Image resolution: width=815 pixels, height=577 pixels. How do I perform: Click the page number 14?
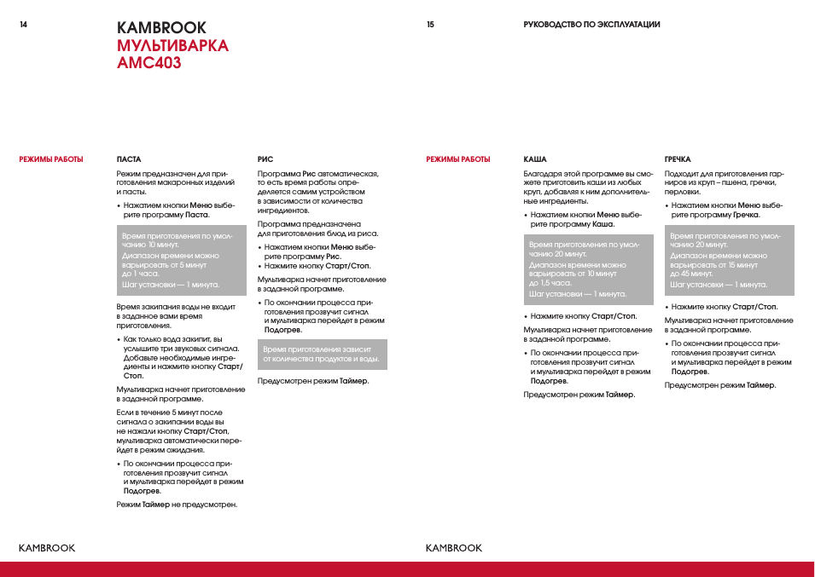pyautogui.click(x=23, y=25)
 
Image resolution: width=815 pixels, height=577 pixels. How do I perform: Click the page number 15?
pyautogui.click(x=430, y=25)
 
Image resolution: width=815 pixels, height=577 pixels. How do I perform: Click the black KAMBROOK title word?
pyautogui.click(x=161, y=27)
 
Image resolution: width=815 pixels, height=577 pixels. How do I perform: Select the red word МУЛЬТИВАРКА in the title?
pyautogui.click(x=172, y=45)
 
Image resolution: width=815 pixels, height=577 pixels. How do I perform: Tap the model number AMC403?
pyautogui.click(x=149, y=62)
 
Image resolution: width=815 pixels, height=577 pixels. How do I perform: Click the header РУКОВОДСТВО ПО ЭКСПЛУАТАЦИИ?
pyautogui.click(x=591, y=25)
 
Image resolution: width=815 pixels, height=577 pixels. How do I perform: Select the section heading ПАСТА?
pyautogui.click(x=129, y=159)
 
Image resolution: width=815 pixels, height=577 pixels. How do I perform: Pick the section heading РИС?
pyautogui.click(x=265, y=159)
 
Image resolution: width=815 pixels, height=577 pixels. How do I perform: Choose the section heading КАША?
pyautogui.click(x=535, y=159)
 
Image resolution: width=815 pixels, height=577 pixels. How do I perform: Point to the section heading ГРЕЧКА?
pyautogui.click(x=678, y=159)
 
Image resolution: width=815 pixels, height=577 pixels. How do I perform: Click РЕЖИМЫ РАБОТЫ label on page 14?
pyautogui.click(x=51, y=159)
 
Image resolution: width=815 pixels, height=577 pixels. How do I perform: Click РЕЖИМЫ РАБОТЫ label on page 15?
pyautogui.click(x=458, y=159)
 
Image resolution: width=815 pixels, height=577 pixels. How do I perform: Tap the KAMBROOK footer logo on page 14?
pyautogui.click(x=47, y=548)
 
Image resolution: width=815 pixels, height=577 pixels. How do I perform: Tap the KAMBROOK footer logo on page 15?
pyautogui.click(x=454, y=548)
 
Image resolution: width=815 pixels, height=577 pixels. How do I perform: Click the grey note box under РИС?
pyautogui.click(x=322, y=355)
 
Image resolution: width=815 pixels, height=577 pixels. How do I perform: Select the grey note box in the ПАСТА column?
pyautogui.click(x=181, y=260)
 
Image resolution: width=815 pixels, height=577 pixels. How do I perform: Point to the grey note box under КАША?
pyautogui.click(x=588, y=269)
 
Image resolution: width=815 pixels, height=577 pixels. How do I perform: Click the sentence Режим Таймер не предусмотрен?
pyautogui.click(x=177, y=505)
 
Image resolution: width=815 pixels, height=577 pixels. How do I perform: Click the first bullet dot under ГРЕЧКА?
pyautogui.click(x=667, y=206)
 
